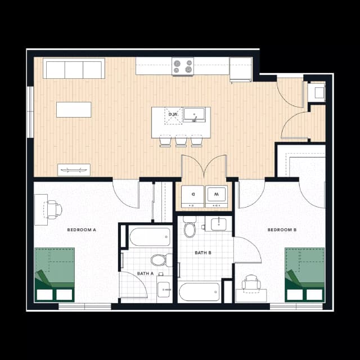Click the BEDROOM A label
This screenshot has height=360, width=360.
pos(82,229)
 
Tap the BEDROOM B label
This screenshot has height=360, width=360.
pos(282,229)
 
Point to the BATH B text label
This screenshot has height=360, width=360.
pos(203,253)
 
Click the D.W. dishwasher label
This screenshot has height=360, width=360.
pos(173,115)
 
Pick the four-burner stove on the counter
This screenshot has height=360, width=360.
pos(183,66)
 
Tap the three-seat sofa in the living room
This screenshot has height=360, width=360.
pos(74,70)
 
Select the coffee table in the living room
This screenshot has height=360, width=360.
pos(74,109)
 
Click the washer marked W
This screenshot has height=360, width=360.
pos(216,195)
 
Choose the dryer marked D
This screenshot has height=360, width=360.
pos(193,195)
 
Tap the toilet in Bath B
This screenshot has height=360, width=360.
pos(190,228)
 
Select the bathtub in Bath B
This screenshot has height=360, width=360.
pos(199,292)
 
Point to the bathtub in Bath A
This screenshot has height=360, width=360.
pos(150,237)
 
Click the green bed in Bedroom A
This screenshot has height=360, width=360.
pos(55,274)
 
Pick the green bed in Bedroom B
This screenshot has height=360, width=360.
pos(305,274)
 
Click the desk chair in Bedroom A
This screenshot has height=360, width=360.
pos(54,209)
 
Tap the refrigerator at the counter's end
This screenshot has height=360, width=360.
pos(241,70)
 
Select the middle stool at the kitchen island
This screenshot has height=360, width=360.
pos(181,141)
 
